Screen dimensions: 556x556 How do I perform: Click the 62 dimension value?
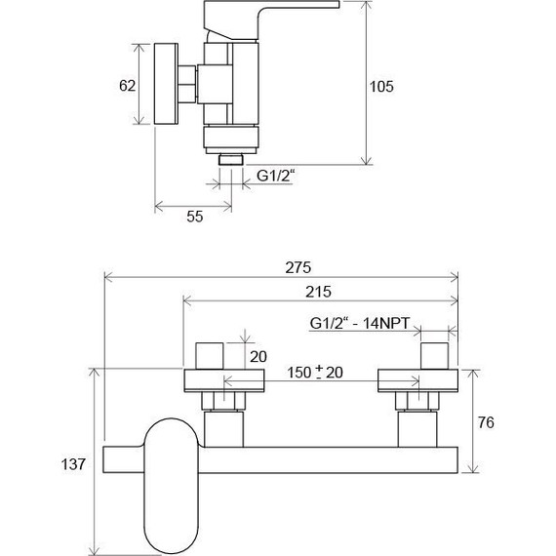[x=128, y=86]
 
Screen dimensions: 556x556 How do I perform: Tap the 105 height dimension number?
[x=381, y=87]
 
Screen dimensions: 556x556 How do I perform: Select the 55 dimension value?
[x=195, y=217]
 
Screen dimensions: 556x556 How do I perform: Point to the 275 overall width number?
[x=298, y=267]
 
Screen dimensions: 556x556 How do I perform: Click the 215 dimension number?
[x=318, y=292]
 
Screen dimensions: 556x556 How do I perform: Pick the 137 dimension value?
[x=73, y=463]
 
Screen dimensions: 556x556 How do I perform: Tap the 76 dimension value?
[x=486, y=422]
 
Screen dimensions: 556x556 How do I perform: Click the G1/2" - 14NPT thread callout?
[x=360, y=323]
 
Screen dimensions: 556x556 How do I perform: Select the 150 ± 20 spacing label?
[x=315, y=373]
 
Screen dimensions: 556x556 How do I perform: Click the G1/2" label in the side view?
[x=275, y=176]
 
